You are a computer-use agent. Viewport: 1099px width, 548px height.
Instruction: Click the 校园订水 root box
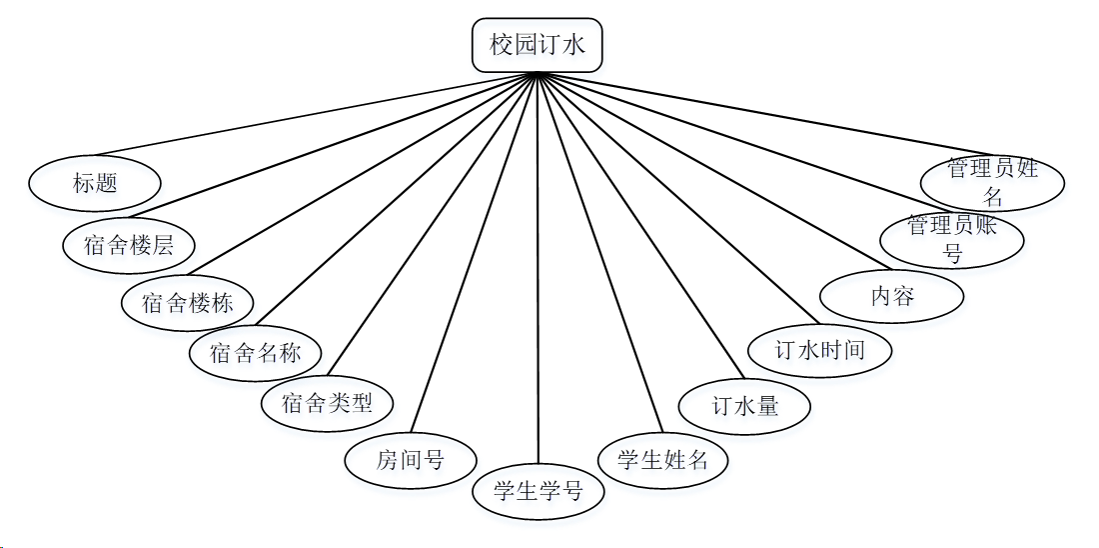(538, 45)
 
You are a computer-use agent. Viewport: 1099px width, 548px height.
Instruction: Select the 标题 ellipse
(95, 183)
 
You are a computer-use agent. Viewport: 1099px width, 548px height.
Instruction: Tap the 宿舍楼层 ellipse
(128, 244)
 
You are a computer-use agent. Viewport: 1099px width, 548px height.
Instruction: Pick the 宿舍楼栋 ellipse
(188, 302)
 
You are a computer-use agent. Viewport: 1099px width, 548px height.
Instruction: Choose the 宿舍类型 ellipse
(327, 403)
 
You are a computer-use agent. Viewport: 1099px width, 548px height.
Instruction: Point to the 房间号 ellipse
(410, 460)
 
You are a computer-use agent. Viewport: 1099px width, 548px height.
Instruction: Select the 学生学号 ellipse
(539, 491)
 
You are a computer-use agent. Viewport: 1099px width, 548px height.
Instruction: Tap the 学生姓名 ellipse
(663, 460)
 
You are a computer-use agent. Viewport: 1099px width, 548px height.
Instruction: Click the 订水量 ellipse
(744, 406)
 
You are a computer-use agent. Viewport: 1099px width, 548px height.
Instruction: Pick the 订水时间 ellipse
(820, 350)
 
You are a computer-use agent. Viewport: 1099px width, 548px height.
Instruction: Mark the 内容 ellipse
(892, 296)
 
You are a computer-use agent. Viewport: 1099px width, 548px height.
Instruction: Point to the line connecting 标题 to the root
(330, 118)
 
